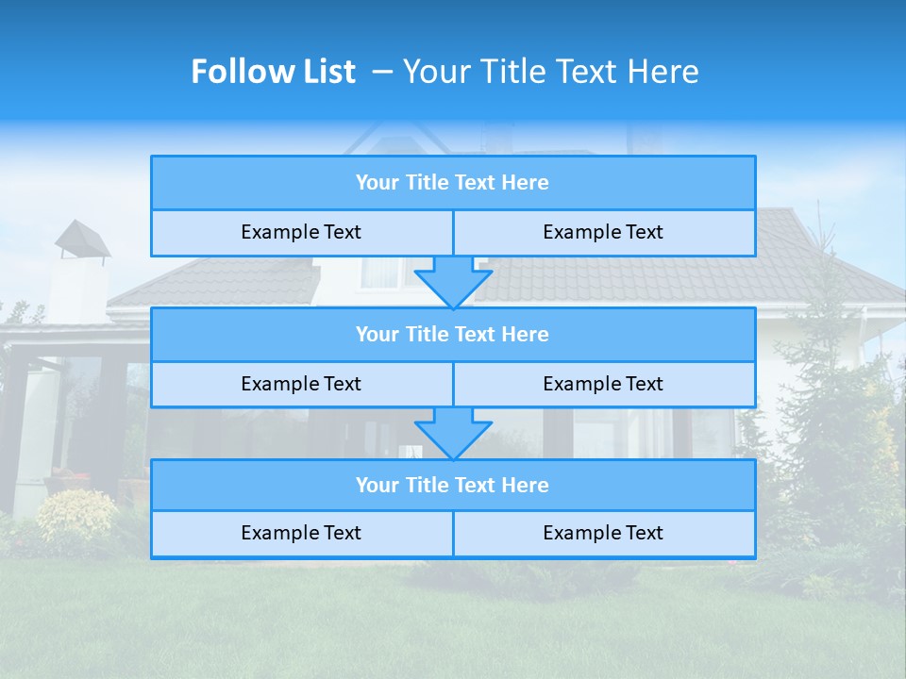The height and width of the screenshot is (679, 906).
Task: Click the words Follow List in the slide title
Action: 273,72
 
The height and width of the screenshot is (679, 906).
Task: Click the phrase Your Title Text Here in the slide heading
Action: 550,72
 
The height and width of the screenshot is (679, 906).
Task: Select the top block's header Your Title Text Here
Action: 452,183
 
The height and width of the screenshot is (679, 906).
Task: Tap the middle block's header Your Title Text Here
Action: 452,335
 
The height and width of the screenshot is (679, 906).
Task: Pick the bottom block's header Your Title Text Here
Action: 452,486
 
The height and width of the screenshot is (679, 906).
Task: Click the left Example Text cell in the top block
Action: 301,233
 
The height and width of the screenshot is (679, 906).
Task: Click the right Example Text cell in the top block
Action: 603,233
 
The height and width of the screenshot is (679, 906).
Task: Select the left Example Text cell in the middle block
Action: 301,385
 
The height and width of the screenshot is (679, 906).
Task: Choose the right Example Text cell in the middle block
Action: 603,385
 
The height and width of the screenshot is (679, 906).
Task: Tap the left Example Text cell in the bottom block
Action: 301,534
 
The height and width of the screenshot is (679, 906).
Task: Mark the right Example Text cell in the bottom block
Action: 603,534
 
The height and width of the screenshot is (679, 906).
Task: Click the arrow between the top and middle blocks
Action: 453,282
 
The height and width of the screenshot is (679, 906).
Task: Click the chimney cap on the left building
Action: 82,239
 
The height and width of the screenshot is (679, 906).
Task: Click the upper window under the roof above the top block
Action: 382,272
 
